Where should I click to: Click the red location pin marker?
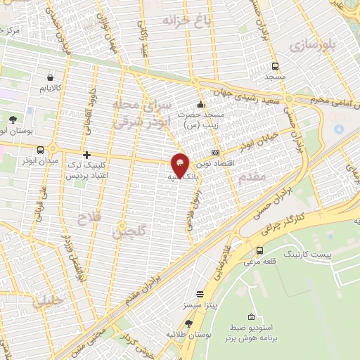(180, 165)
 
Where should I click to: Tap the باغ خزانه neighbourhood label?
(187, 20)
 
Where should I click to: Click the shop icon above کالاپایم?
(49, 77)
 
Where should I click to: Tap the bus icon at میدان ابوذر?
(41, 150)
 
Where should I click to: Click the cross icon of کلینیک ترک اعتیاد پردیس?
(86, 155)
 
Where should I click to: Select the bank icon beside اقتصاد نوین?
(215, 153)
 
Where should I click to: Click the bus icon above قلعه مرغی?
(260, 250)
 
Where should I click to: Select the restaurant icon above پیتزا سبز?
(200, 294)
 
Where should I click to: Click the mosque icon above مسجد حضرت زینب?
(201, 105)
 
